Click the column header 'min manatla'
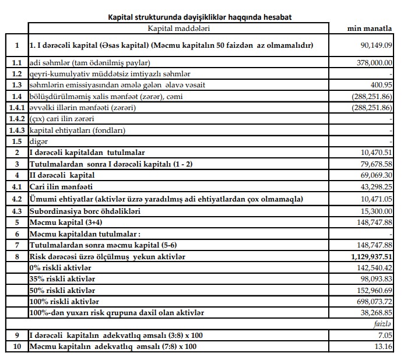coord(369,28)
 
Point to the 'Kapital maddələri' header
coord(179,28)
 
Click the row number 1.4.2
coord(17,119)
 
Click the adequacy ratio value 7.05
coord(385,336)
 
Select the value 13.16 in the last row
coord(384,347)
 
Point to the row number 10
coord(17,347)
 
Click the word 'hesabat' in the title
coord(276,17)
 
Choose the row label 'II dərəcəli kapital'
coord(62,175)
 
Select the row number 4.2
coord(17,199)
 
